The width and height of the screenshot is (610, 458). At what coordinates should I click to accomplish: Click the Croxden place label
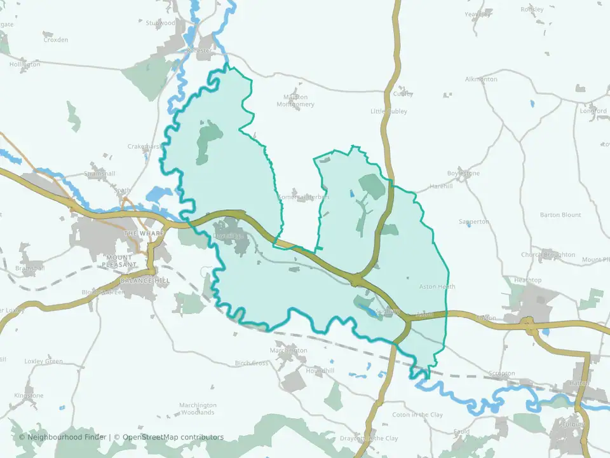[55, 39]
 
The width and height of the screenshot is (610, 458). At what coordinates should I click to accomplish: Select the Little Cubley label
[389, 111]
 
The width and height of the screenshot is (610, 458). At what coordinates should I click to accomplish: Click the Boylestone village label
[463, 173]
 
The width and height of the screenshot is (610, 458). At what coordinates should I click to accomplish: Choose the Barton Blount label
[560, 215]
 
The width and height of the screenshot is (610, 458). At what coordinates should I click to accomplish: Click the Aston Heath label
[437, 287]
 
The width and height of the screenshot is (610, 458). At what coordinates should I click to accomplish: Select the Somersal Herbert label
[304, 197]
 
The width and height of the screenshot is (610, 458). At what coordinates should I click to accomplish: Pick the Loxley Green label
[43, 361]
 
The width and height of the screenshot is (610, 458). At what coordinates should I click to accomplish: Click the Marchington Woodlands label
[198, 408]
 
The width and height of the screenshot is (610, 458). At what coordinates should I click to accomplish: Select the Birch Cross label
[252, 363]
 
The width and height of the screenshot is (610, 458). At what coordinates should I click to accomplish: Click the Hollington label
[25, 64]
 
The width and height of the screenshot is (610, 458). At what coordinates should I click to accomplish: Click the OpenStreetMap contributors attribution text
[173, 437]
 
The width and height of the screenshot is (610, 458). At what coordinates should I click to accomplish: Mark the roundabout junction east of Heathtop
[529, 326]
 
